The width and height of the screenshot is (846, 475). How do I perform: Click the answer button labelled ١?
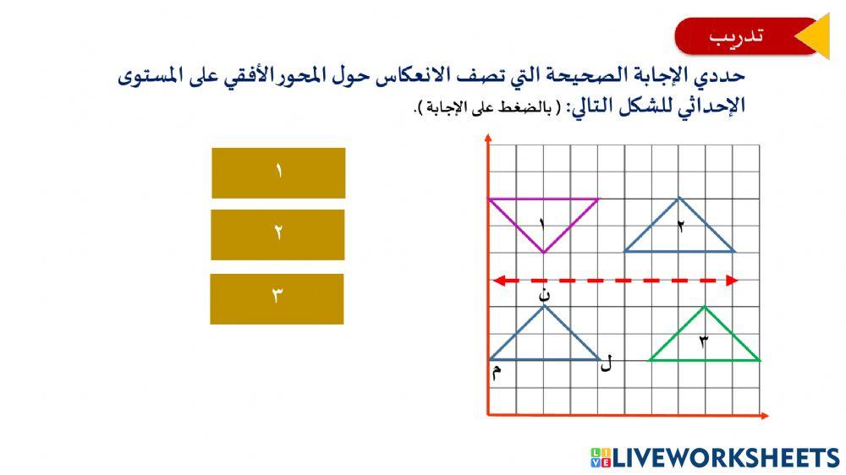tap(278, 172)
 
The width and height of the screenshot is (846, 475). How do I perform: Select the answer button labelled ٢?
tap(277, 234)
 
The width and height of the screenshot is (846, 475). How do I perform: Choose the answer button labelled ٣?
tap(277, 298)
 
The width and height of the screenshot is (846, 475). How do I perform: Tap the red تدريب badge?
tap(736, 36)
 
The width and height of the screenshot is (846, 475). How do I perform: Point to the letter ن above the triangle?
tap(546, 294)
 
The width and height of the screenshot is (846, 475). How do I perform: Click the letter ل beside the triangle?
tap(606, 365)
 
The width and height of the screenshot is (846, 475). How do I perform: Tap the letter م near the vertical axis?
tap(497, 372)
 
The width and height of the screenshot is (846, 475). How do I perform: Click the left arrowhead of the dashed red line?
tap(499, 281)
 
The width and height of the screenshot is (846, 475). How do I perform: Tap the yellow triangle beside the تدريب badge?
tap(812, 36)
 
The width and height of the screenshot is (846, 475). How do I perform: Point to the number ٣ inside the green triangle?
tap(703, 341)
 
